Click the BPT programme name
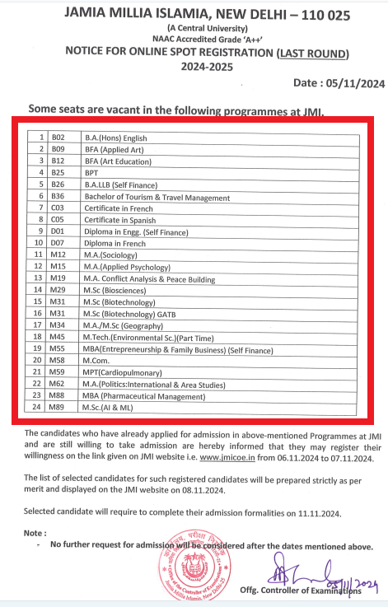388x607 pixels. pyautogui.click(x=91, y=174)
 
